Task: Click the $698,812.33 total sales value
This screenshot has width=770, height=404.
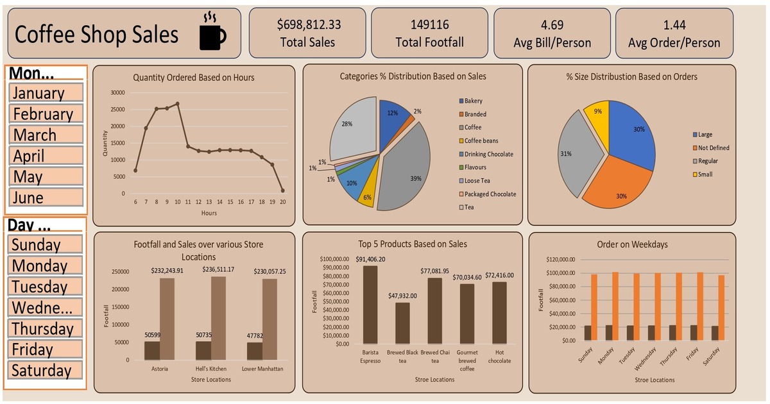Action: point(309,25)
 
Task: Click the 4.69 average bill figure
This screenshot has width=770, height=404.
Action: point(552,25)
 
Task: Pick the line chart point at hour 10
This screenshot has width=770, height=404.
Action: point(177,103)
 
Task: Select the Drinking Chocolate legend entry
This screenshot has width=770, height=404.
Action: point(488,154)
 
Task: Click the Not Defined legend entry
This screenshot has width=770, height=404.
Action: point(713,147)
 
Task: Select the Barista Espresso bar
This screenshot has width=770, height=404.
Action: point(370,305)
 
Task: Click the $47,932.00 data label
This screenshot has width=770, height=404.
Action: point(403,296)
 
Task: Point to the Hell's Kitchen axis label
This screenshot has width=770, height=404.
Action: point(210,369)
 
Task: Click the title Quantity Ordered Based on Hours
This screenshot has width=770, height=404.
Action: point(194,78)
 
